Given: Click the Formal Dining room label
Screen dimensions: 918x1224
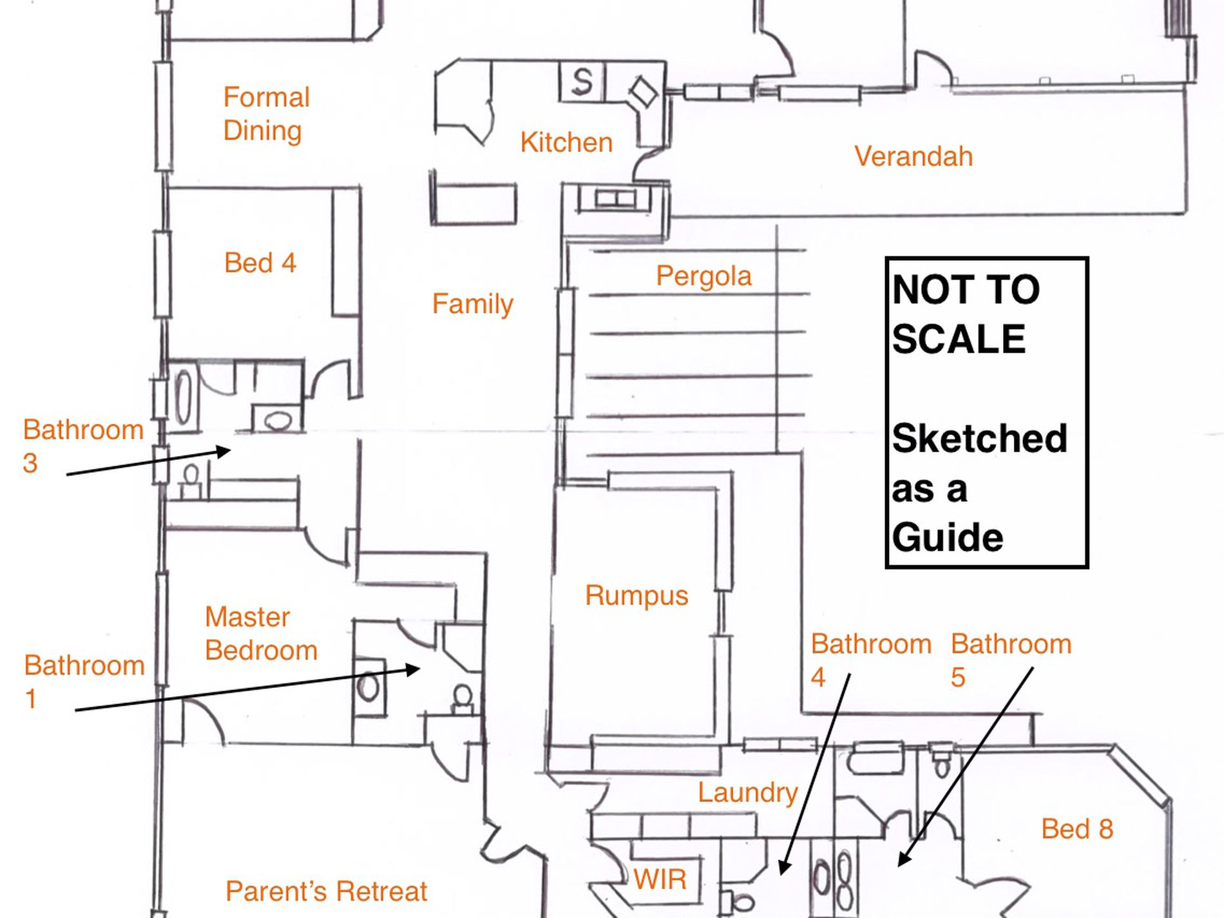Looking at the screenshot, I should [266, 114].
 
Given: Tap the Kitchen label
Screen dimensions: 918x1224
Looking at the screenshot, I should [566, 142].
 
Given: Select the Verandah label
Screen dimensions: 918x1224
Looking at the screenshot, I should [913, 157].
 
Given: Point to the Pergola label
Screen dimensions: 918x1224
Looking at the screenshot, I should [703, 276].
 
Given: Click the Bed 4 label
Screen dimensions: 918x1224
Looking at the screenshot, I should [260, 263].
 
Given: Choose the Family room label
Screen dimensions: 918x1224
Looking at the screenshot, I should [472, 304].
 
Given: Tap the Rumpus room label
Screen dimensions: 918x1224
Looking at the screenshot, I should [636, 595].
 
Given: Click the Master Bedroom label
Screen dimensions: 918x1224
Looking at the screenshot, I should [261, 634].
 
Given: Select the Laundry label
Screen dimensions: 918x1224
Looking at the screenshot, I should [747, 792].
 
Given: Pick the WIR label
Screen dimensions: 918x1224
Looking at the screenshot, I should [660, 879].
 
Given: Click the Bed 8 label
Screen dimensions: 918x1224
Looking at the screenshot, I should [1076, 829].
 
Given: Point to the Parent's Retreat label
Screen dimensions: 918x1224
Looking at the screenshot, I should [326, 892].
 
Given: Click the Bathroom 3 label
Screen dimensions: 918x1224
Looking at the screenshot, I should [82, 446].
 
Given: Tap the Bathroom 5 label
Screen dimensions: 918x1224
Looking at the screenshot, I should [1010, 660].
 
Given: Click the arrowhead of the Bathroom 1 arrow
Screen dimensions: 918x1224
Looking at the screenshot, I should [416, 669].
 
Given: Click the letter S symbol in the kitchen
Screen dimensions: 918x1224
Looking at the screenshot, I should [582, 82].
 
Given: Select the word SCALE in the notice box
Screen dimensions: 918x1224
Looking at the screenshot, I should [958, 339].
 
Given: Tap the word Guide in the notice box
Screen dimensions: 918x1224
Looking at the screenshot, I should [947, 537].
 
